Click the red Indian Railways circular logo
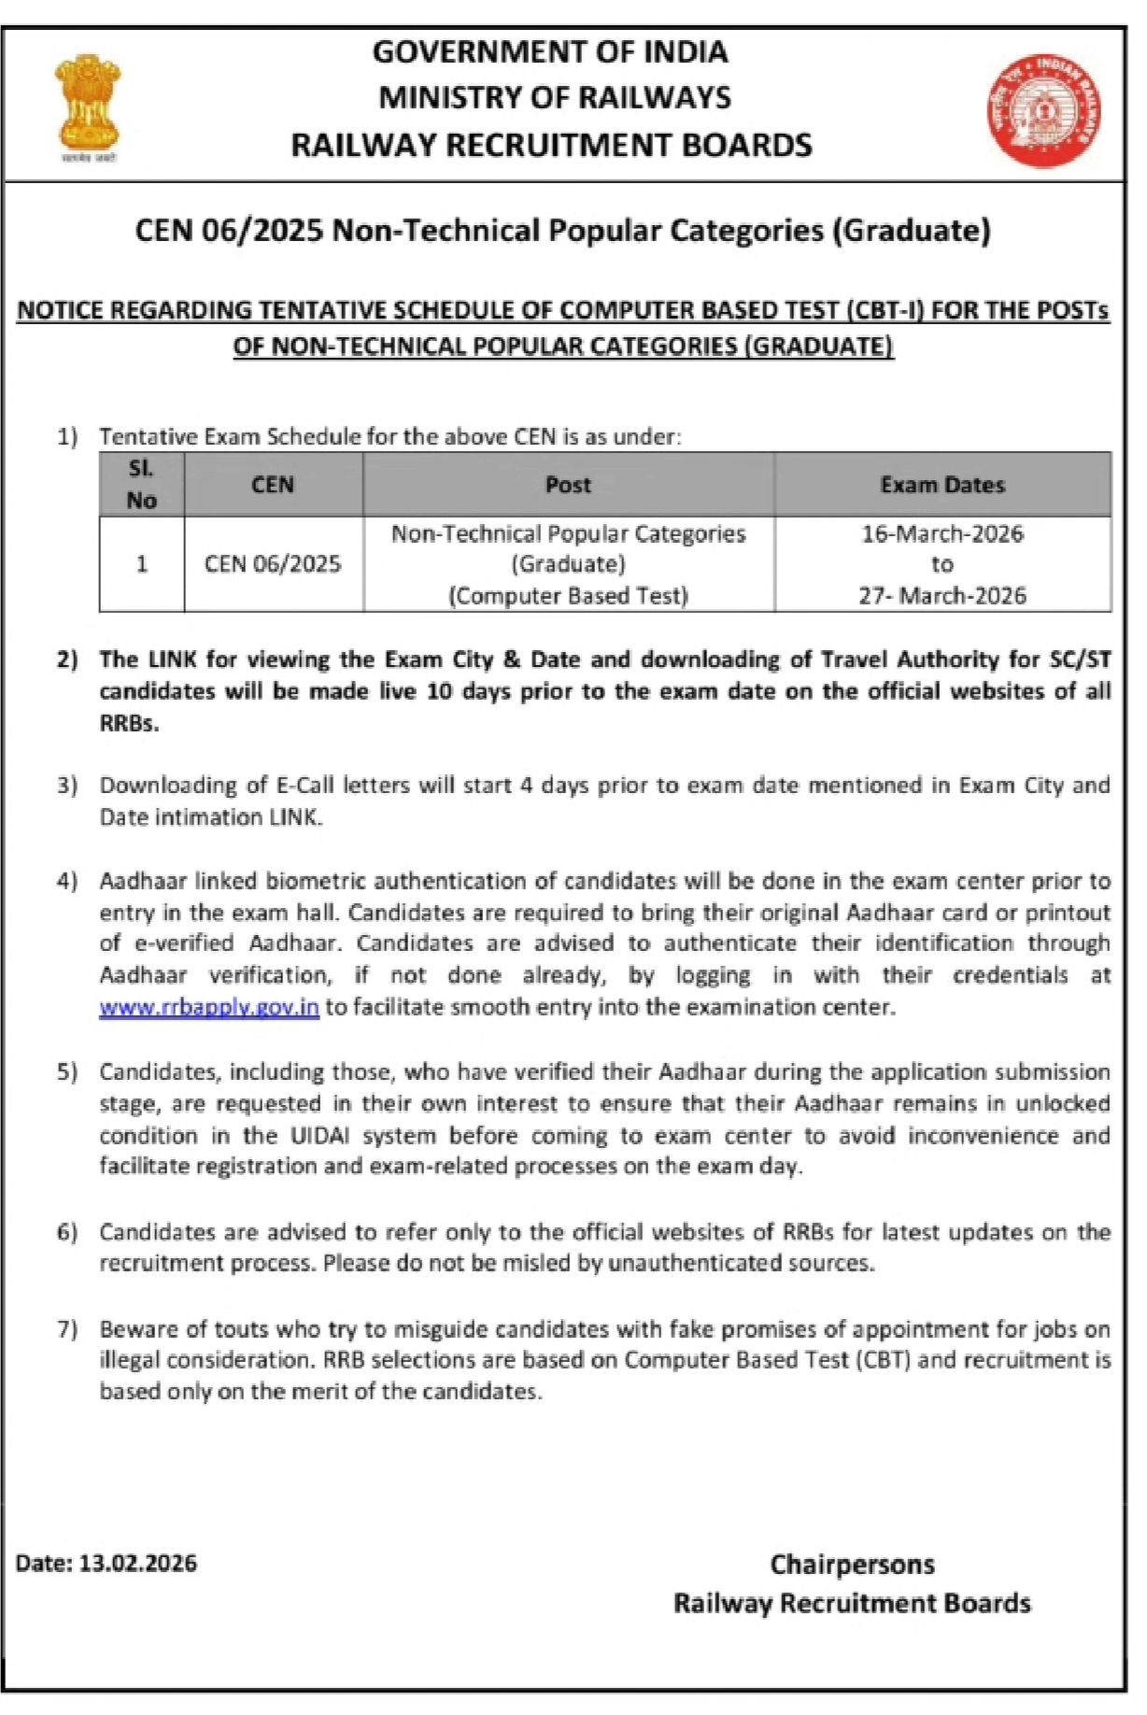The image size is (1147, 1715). (1044, 110)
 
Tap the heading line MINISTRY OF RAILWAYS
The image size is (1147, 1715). (555, 97)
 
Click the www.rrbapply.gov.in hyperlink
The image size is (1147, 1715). (209, 1007)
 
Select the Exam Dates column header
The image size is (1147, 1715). (942, 485)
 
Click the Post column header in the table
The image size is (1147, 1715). (568, 485)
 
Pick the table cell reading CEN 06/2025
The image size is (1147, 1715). (273, 564)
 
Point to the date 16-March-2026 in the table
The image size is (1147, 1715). (942, 533)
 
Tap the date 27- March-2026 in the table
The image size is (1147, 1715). (942, 595)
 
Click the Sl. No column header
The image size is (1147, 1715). (141, 484)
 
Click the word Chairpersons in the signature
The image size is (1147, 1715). (851, 1565)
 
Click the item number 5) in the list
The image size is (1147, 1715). (67, 1071)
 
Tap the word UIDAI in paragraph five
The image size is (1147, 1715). (319, 1135)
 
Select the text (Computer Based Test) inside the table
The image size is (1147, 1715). (568, 595)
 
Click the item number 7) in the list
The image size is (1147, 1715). (67, 1328)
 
